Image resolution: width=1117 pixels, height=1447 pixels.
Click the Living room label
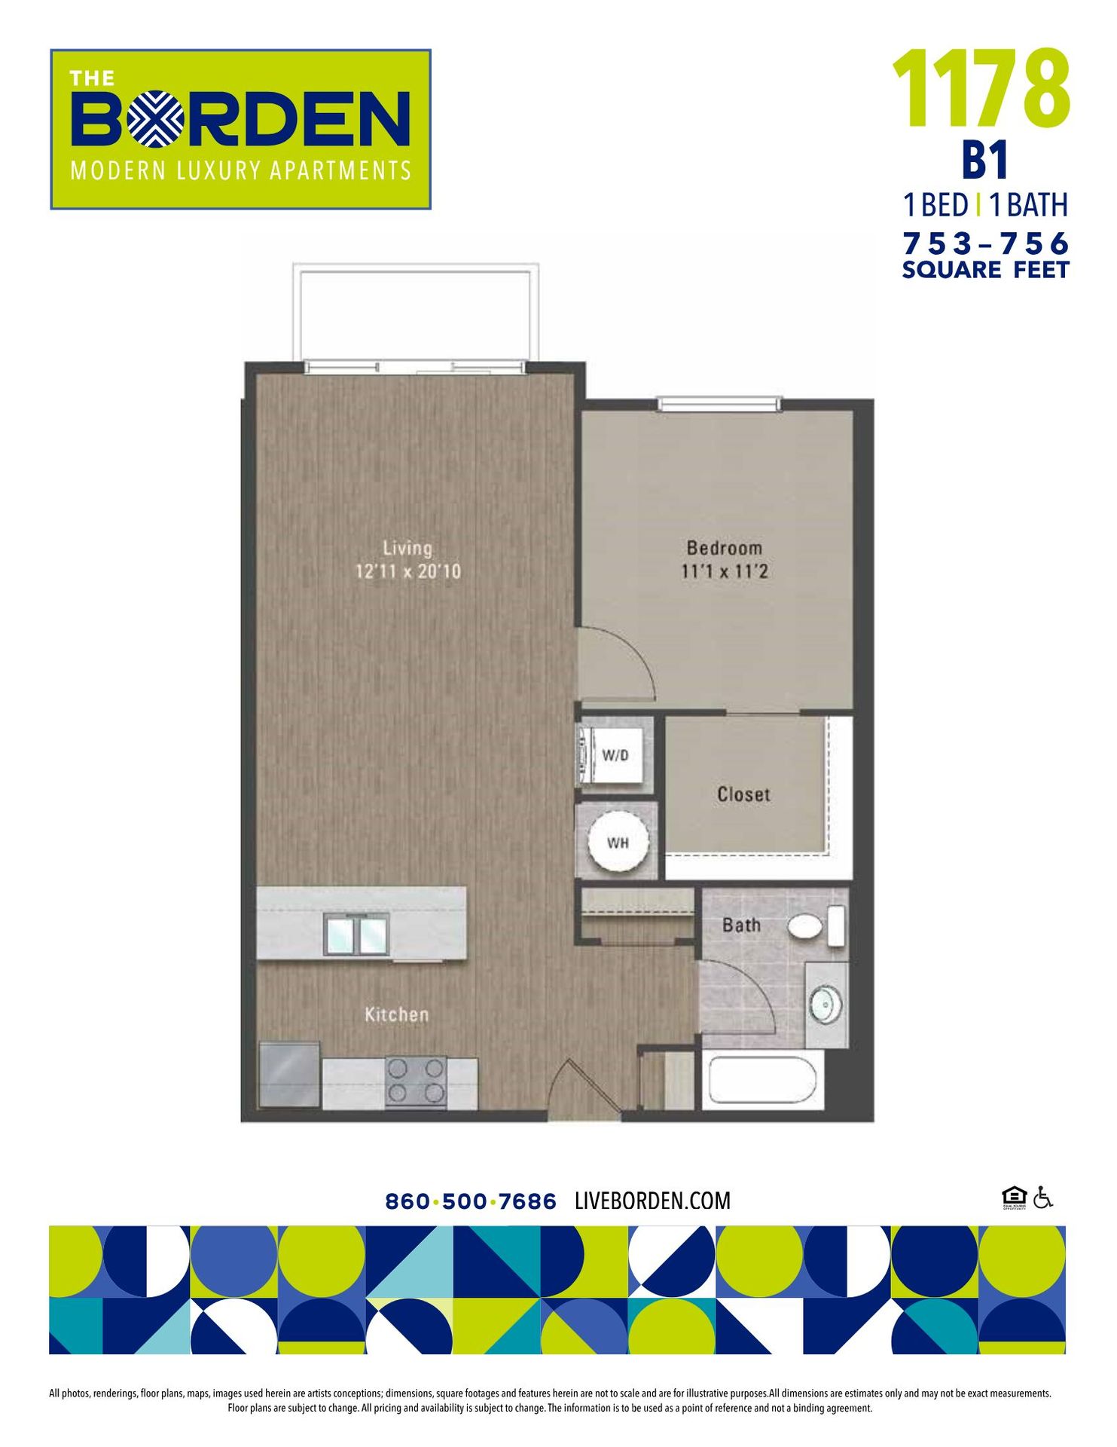coord(407,548)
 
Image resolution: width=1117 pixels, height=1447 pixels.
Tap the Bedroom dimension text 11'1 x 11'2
coord(724,571)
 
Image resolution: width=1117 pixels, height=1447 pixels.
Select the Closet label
coord(743,794)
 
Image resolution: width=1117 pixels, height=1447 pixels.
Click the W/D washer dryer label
coord(615,755)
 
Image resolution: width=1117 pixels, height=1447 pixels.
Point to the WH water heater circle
coord(618,842)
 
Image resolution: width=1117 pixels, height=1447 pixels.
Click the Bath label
coord(741,925)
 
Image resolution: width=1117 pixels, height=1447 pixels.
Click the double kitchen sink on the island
coord(356,935)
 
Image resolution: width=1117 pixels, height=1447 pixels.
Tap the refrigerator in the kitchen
coord(288,1074)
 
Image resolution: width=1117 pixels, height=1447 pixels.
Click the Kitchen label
coord(396,1014)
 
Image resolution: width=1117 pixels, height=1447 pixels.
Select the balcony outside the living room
coord(416,313)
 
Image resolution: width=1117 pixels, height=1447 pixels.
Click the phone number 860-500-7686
coord(470,1201)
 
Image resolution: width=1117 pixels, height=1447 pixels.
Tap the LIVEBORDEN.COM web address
coord(652,1201)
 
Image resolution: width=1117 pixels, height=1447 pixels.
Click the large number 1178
coord(981,89)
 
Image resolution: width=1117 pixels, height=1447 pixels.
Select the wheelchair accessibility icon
coord(1042,1197)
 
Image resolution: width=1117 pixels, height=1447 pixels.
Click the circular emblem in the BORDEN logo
coord(155,118)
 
